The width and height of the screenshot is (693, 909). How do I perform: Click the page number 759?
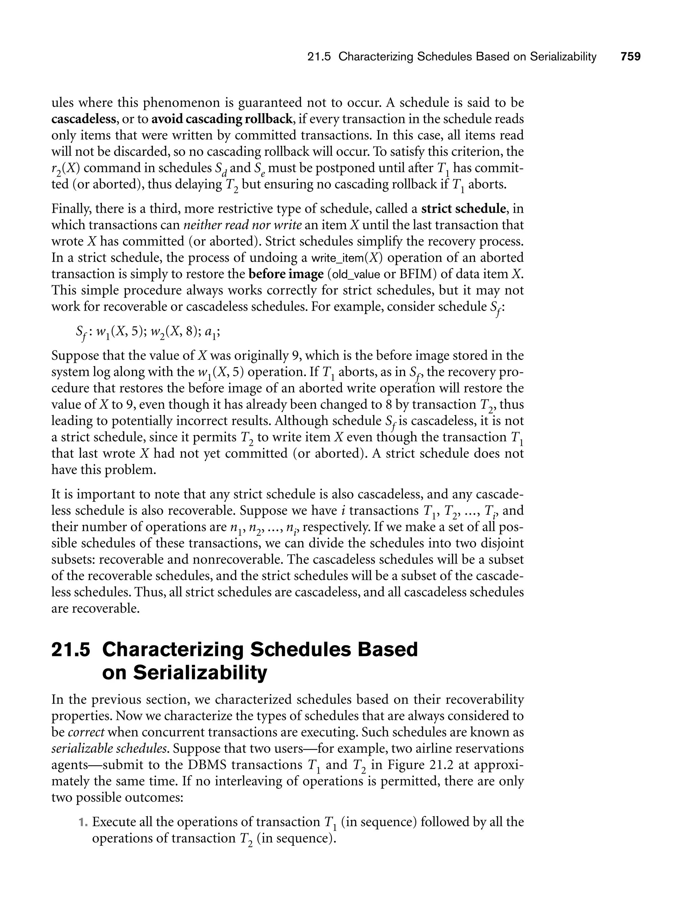coord(631,57)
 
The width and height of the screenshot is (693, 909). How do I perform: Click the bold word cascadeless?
coord(83,119)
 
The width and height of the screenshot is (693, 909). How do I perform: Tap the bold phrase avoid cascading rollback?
coord(222,119)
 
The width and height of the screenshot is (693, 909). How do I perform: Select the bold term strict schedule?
coord(463,209)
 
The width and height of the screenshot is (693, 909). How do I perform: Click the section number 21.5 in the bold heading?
coord(70,649)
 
